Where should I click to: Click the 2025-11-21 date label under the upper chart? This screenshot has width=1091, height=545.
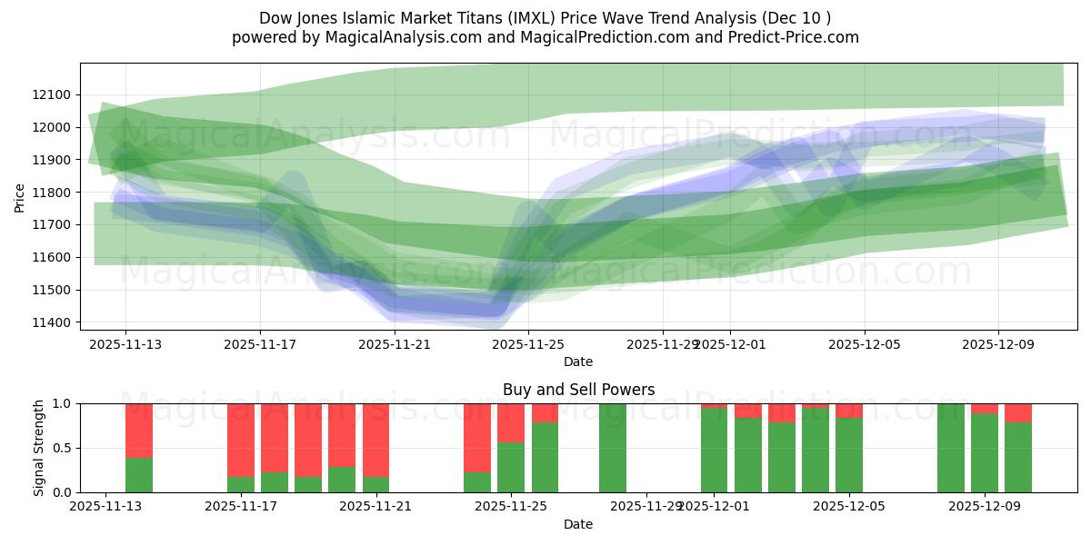pyautogui.click(x=395, y=344)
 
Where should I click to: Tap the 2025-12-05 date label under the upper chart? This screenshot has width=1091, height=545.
pyautogui.click(x=865, y=344)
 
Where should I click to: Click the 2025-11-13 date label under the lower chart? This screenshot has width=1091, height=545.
pyautogui.click(x=105, y=507)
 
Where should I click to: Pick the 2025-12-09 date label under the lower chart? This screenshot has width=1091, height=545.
pyautogui.click(x=985, y=507)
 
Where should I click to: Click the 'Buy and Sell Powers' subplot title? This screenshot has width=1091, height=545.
pyautogui.click(x=578, y=390)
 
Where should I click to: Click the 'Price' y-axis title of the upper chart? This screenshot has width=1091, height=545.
pyautogui.click(x=20, y=197)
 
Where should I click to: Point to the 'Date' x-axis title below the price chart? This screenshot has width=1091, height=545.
pyautogui.click(x=578, y=362)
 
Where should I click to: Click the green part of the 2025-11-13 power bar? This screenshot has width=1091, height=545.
pyautogui.click(x=139, y=475)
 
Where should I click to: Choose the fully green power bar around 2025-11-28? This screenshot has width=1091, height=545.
pyautogui.click(x=613, y=448)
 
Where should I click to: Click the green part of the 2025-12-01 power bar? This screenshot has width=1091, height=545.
pyautogui.click(x=714, y=451)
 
